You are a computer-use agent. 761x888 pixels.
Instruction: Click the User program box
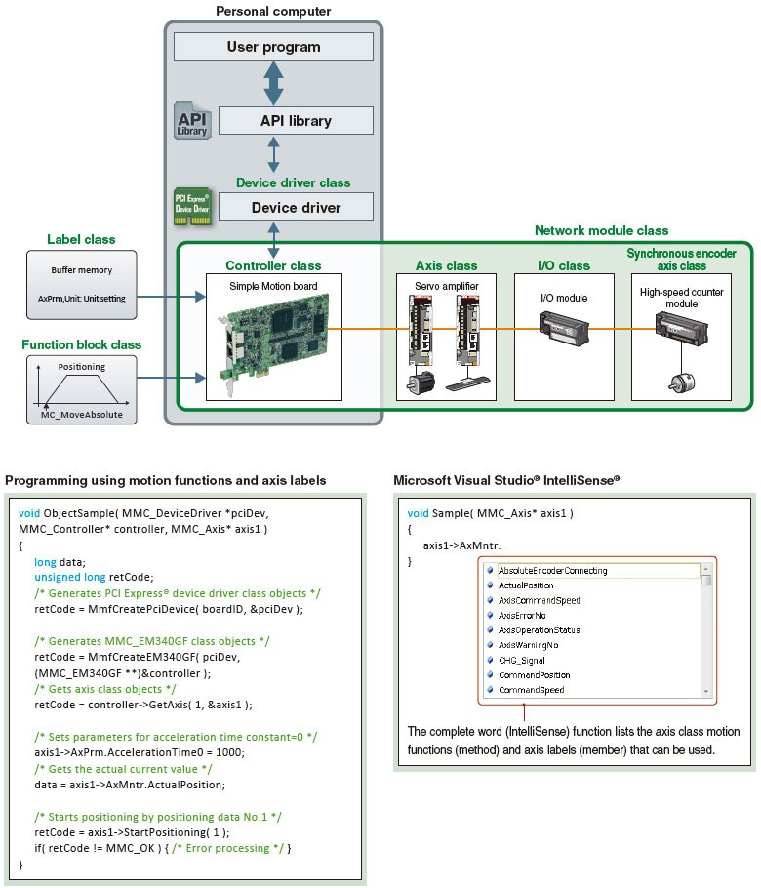coord(273,46)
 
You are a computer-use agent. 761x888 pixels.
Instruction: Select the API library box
coord(296,121)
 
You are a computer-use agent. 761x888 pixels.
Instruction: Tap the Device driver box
coord(296,207)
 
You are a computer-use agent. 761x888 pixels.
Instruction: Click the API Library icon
coord(191,121)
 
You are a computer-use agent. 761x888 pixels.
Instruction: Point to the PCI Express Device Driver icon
coord(192,206)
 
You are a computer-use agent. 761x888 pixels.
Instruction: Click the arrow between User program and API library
coord(274,83)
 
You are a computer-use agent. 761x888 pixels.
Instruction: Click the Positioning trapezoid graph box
coord(81,387)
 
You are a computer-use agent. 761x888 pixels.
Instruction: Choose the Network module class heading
coord(601,231)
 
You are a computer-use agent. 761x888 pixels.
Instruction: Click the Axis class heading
coord(446,265)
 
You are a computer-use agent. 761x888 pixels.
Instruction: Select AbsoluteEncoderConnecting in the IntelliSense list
coord(552,570)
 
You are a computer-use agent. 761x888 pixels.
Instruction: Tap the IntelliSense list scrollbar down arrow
coord(706,690)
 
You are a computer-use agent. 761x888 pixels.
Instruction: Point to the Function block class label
coord(81,344)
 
